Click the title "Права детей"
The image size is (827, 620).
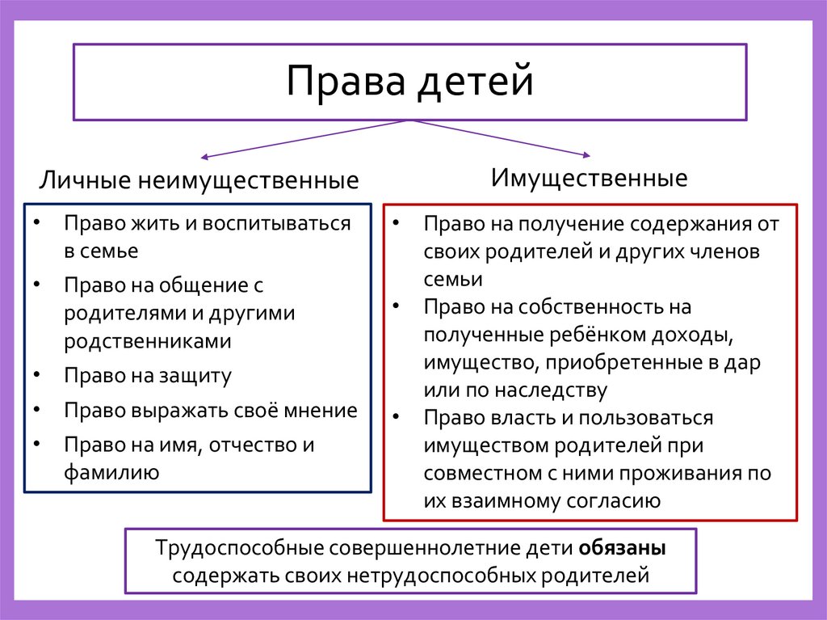(409, 82)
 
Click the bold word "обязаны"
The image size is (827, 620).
(622, 548)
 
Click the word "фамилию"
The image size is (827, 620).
(111, 472)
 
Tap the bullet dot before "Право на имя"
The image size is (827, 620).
(38, 445)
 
